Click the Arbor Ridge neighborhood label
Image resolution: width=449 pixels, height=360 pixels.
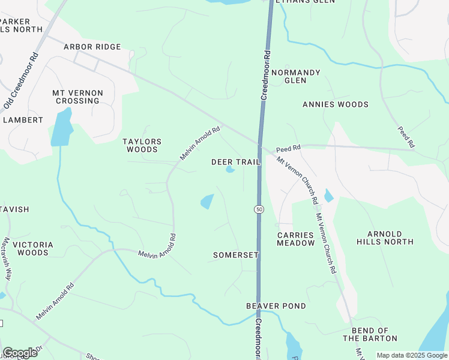(92, 47)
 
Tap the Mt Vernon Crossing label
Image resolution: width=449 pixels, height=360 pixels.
(77, 97)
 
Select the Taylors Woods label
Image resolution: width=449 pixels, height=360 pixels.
(142, 146)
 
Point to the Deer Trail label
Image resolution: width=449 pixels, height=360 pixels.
(236, 162)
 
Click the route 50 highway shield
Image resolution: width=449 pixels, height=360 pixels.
(259, 209)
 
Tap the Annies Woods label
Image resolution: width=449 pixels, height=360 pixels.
(336, 104)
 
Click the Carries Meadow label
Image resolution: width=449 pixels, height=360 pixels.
(296, 239)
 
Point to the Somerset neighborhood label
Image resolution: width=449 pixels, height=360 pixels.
(236, 255)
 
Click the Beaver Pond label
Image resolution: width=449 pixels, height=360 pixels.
(276, 306)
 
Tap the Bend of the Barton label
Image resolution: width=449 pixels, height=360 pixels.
(370, 335)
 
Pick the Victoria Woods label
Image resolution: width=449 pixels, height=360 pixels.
(33, 248)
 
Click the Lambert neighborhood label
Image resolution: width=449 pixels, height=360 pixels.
(23, 120)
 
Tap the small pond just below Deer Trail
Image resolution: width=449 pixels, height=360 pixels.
(230, 170)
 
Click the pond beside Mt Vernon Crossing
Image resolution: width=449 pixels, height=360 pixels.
(61, 128)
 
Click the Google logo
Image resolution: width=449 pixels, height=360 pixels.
(20, 353)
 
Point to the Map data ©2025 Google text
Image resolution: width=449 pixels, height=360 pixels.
(411, 355)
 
